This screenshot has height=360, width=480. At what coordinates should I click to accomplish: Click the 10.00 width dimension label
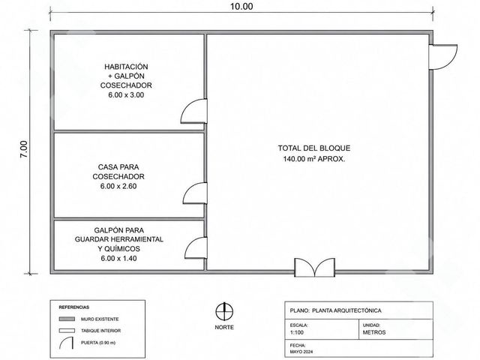241,7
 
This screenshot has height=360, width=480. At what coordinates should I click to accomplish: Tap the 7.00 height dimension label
24,149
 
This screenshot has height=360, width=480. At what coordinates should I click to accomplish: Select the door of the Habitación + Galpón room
193,111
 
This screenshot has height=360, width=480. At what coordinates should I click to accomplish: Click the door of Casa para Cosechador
195,193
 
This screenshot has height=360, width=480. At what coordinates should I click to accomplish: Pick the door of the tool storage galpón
196,247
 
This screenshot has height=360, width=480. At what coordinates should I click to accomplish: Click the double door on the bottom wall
315,268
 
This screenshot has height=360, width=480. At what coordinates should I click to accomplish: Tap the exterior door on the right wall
443,57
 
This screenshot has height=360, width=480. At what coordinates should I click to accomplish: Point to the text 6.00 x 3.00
126,95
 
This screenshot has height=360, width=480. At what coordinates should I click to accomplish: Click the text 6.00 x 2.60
118,186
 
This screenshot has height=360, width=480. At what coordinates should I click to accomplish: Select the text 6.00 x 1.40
118,258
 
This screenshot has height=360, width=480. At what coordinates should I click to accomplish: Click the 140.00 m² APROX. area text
314,159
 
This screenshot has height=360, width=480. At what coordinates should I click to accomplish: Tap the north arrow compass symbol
224,312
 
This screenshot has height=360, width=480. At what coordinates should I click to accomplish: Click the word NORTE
224,327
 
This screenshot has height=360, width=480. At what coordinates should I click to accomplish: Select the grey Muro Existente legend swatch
67,319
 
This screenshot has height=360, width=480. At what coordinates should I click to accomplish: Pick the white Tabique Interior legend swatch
67,331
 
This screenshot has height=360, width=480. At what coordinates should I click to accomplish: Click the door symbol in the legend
66,343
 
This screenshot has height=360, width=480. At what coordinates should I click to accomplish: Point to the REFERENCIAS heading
74,307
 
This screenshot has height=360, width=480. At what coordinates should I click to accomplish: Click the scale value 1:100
297,332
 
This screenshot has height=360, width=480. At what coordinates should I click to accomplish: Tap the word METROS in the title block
374,332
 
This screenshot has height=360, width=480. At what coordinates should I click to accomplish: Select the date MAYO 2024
301,352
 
